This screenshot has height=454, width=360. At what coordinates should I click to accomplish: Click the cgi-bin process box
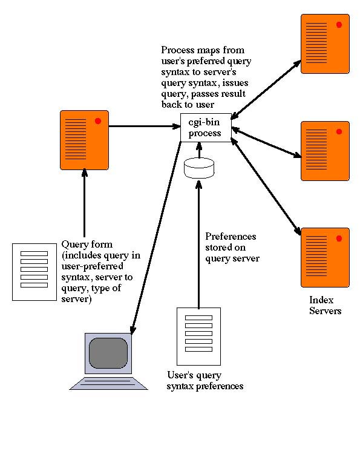pos(206,127)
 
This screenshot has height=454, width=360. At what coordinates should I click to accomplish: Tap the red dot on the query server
pos(98,121)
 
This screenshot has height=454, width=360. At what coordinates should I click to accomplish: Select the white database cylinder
pos(199,168)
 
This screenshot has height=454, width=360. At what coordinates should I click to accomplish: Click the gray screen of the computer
pos(108,353)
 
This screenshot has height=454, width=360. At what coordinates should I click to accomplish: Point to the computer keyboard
pos(109,383)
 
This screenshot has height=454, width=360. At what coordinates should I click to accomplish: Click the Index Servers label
pos(325,305)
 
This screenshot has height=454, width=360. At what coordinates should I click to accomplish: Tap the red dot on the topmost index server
pos(339,25)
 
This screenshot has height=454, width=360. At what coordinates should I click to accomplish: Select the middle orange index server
pos(325,151)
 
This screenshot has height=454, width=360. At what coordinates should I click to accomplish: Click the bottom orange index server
pos(325,257)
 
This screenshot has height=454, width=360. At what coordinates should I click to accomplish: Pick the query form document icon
pos(34,272)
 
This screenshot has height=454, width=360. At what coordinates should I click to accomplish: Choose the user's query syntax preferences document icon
pos(198,337)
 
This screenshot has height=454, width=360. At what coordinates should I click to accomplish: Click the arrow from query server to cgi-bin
pos(145,127)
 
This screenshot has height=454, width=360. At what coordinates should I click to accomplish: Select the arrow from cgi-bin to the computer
pos(157,237)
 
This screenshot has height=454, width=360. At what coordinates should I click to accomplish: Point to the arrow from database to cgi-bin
pos(199,150)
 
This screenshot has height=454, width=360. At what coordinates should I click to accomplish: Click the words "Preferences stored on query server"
pos(232,247)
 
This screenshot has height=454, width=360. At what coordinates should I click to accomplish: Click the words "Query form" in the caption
pos(87,244)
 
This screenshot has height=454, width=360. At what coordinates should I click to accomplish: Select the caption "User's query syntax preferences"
pos(205,381)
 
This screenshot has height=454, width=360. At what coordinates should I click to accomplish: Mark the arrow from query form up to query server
pos(85,203)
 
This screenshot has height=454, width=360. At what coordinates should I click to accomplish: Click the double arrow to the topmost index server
pos(266,90)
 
